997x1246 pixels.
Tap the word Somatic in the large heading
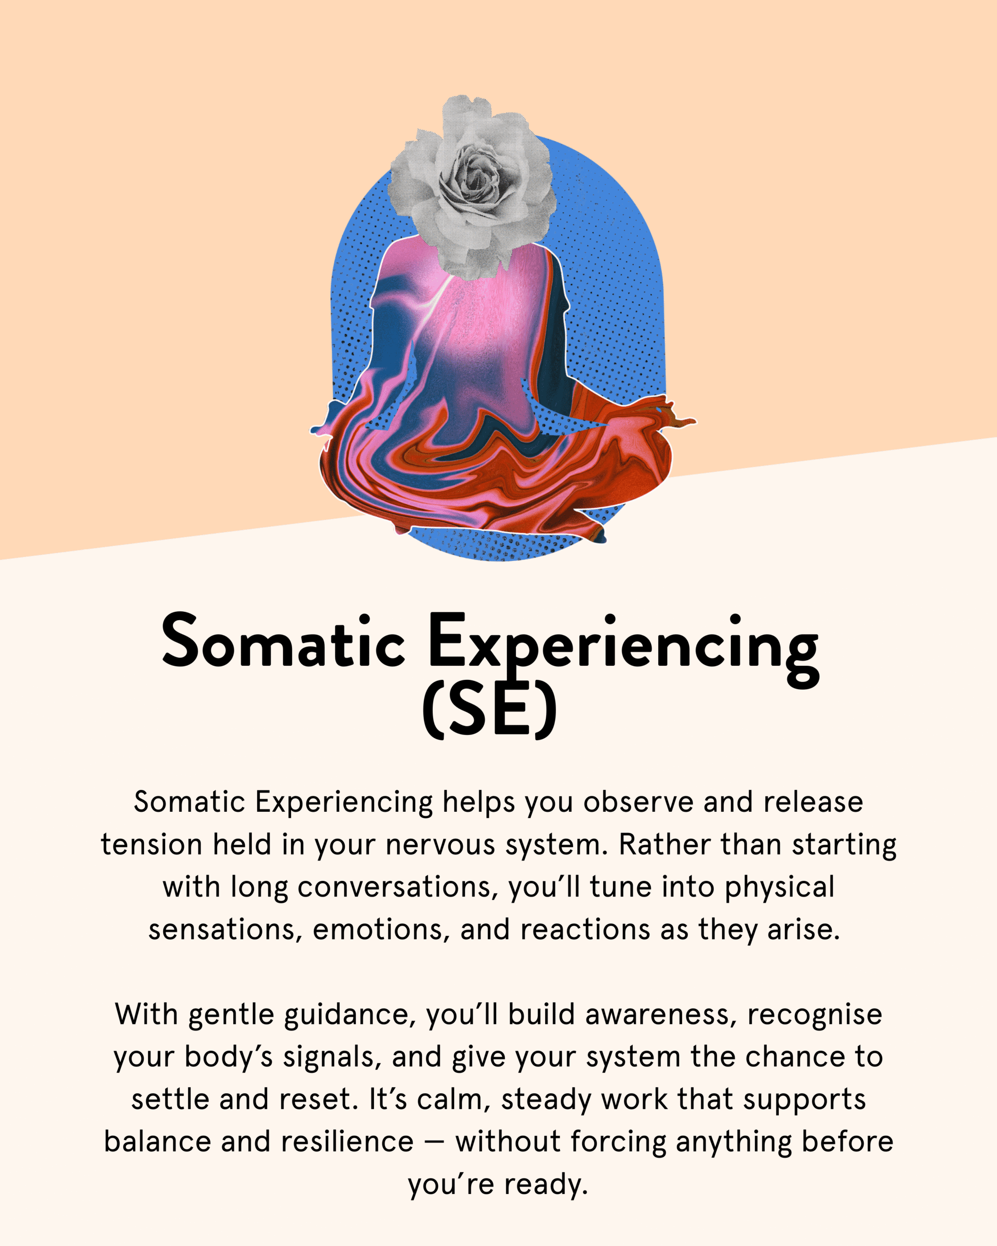click(283, 641)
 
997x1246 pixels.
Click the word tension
click(151, 844)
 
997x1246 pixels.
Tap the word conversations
click(398, 888)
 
